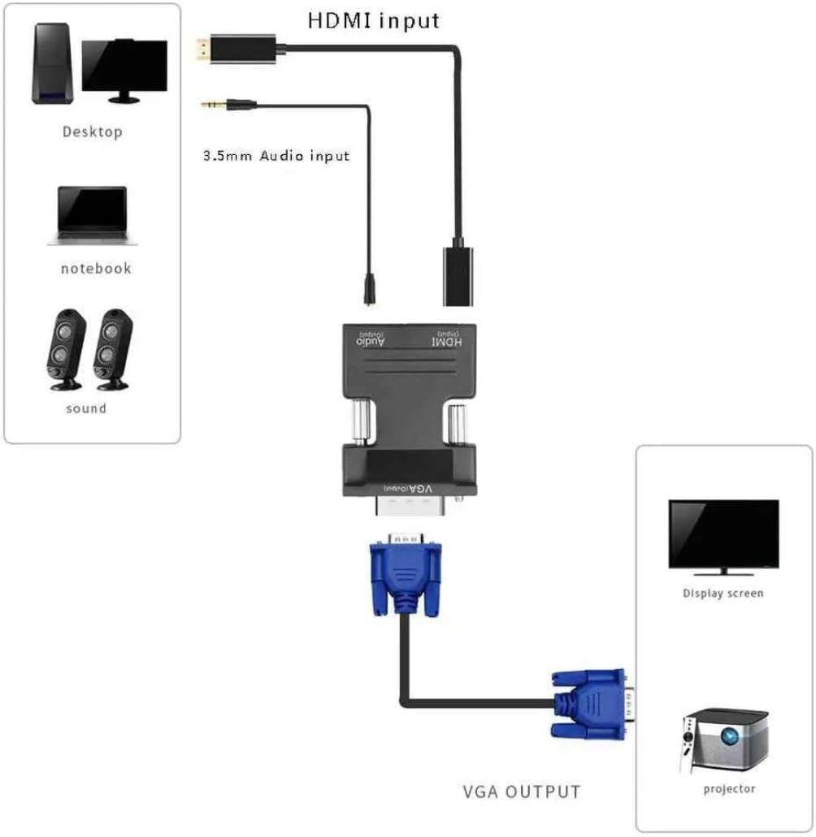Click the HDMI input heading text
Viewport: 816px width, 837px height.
373,20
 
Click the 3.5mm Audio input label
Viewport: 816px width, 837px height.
276,155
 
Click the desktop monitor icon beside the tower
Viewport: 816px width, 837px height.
124,70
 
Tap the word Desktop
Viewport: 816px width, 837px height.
92,132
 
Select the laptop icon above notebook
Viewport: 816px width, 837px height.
92,215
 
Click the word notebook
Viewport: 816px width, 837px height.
96,268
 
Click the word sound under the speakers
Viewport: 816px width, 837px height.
86,408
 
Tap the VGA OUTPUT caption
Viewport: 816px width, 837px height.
521,792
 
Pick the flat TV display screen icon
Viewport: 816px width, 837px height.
723,534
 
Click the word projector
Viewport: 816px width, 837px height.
729,788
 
